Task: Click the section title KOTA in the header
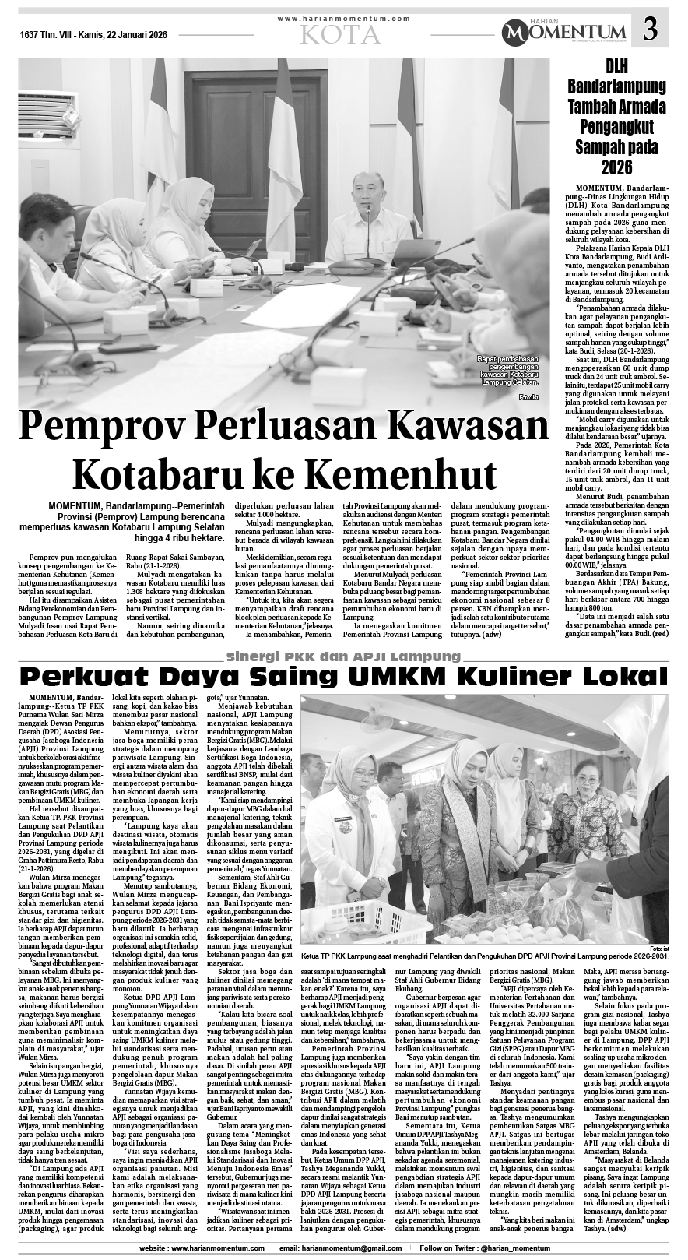pos(342,34)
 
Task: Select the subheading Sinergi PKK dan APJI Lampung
pos(342,653)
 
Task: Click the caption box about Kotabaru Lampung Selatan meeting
pos(507,370)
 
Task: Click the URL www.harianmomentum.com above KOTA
pos(342,18)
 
